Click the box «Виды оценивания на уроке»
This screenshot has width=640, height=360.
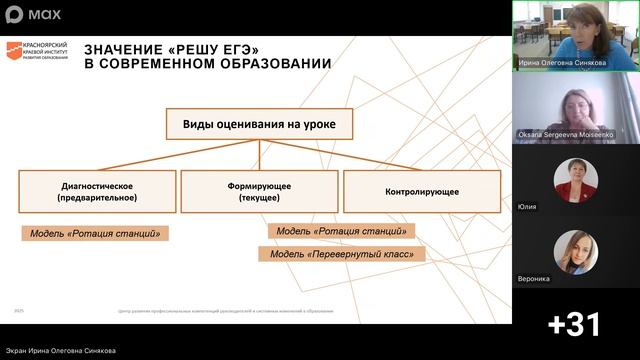[259, 125]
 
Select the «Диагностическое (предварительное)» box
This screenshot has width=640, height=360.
[97, 191]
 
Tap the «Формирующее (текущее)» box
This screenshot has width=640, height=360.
[259, 191]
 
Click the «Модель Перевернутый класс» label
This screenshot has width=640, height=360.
[341, 254]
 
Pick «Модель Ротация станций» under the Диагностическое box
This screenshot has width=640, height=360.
[95, 233]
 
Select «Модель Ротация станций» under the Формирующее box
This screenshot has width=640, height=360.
[341, 231]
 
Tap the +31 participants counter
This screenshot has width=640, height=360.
[575, 324]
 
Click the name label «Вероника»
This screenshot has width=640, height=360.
[534, 278]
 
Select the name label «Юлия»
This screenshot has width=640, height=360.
[527, 206]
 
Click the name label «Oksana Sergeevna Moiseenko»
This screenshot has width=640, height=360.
[565, 133]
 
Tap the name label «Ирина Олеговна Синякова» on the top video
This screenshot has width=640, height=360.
[563, 61]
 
